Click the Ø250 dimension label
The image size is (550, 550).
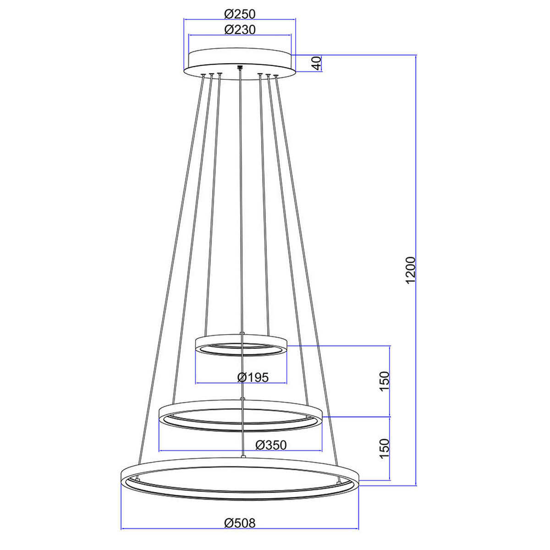tap(240, 14)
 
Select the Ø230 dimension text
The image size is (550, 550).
tap(240, 30)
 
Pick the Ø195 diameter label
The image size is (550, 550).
tap(253, 377)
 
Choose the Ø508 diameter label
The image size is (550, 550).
tap(240, 522)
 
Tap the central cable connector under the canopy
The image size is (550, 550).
tap(239, 69)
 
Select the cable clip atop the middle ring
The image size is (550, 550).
tap(242, 399)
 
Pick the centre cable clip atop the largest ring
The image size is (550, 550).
tap(243, 456)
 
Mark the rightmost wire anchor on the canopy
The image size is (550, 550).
tap(276, 76)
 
